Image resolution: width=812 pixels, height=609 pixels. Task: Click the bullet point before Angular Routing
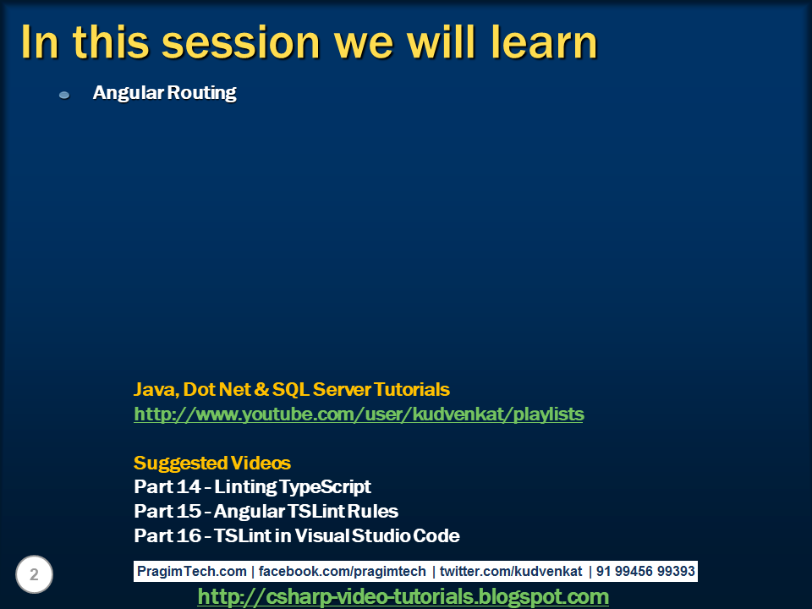tap(64, 95)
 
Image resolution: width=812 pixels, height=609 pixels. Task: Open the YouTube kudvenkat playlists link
tap(359, 414)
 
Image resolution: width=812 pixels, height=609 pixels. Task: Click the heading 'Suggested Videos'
tap(212, 464)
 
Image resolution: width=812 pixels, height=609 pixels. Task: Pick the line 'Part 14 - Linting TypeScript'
tap(252, 487)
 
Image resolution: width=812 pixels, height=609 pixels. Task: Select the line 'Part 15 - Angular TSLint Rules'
tap(266, 512)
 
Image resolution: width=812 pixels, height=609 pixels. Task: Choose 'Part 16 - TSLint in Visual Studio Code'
tap(297, 536)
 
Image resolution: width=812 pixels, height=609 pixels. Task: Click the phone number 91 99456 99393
tap(645, 572)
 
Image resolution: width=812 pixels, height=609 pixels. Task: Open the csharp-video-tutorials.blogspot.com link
tap(403, 597)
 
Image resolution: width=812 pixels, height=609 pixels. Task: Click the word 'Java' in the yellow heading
tap(152, 390)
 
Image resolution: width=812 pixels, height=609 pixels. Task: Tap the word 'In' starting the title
tap(40, 42)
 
